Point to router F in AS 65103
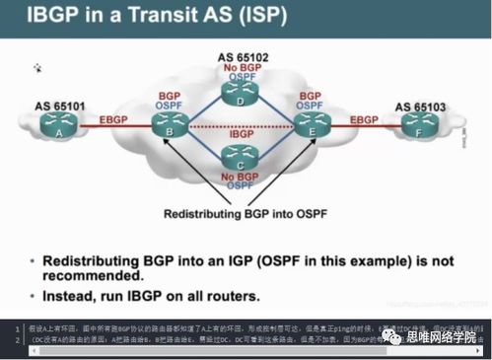coord(422,123)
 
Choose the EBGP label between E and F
coord(365,119)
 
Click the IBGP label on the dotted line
coord(240,133)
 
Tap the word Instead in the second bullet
coord(80,296)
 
